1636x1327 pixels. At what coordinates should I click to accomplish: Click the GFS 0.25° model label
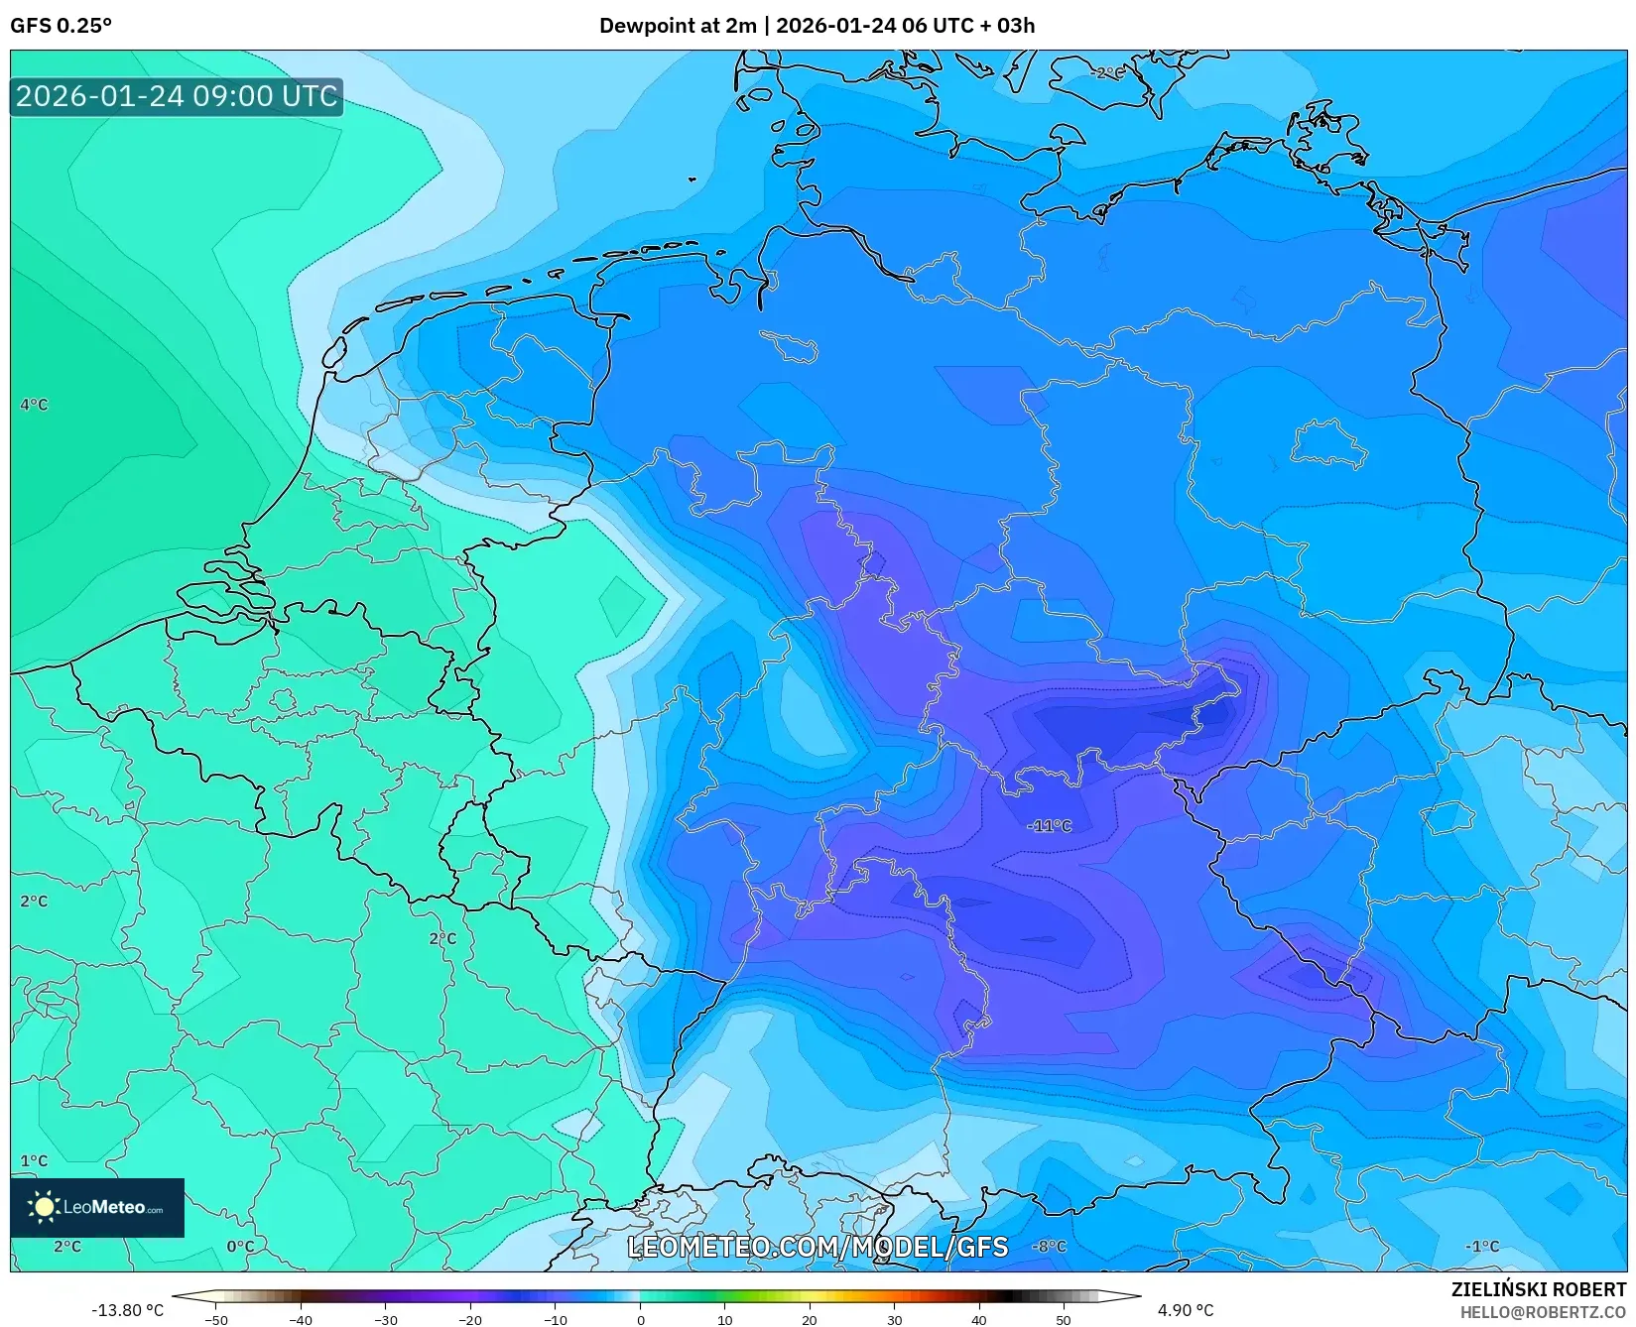click(x=61, y=26)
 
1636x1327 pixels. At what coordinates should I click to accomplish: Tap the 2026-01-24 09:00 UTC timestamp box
click(x=177, y=96)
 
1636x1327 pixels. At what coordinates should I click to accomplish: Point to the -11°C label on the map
click(x=1049, y=825)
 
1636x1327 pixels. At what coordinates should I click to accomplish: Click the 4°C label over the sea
click(x=34, y=405)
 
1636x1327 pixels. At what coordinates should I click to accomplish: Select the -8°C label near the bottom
click(x=1049, y=1246)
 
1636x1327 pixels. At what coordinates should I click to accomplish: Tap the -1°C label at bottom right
click(x=1482, y=1246)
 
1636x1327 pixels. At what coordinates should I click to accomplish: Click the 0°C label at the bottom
click(x=240, y=1246)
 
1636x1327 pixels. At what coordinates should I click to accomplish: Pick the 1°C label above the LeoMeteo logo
click(x=34, y=1160)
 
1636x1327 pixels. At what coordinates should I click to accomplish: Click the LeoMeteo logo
click(x=97, y=1207)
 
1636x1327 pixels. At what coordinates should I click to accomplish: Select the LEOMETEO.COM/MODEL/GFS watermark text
click(x=818, y=1247)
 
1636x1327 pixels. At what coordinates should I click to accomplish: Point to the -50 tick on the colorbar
click(x=216, y=1319)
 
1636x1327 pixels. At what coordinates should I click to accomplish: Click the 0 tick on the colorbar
click(x=640, y=1319)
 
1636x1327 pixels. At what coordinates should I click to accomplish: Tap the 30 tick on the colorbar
click(x=894, y=1319)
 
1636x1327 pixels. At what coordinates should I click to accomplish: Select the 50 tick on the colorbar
click(x=1064, y=1319)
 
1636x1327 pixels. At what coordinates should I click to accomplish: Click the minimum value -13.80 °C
click(x=127, y=1310)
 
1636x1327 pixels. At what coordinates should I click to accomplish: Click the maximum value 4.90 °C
click(x=1185, y=1310)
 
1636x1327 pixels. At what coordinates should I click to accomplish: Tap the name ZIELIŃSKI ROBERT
click(x=1539, y=1289)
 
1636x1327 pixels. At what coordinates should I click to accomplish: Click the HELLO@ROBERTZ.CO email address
click(x=1543, y=1312)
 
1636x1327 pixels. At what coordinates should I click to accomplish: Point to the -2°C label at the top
click(x=1107, y=72)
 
